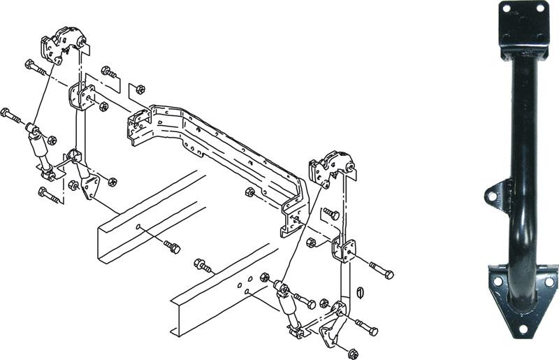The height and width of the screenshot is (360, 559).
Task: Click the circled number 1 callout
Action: (x=361, y=293)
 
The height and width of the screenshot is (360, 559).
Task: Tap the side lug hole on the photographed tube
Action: (x=493, y=196)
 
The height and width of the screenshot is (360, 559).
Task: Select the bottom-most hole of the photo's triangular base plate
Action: (x=523, y=329)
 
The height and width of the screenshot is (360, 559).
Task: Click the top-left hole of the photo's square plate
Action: (x=506, y=8)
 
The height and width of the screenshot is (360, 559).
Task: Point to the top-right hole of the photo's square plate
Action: (x=540, y=7)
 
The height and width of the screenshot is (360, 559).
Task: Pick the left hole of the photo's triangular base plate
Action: (x=498, y=282)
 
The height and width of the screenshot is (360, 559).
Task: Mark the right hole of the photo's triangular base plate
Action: (x=549, y=282)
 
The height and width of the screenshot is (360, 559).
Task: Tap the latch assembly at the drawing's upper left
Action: (x=62, y=45)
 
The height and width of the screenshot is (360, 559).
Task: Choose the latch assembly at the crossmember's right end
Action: (x=331, y=168)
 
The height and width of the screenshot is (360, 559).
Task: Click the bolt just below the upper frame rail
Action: (x=172, y=246)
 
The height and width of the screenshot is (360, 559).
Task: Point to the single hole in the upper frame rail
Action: (x=138, y=226)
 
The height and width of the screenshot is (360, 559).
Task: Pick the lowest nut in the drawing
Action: (x=354, y=354)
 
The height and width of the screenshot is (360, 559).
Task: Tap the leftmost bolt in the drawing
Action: (x=10, y=115)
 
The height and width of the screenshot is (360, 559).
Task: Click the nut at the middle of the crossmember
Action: (x=250, y=193)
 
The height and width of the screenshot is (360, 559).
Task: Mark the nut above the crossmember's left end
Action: (x=140, y=89)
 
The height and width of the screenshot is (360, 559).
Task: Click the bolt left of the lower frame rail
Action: (x=202, y=266)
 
